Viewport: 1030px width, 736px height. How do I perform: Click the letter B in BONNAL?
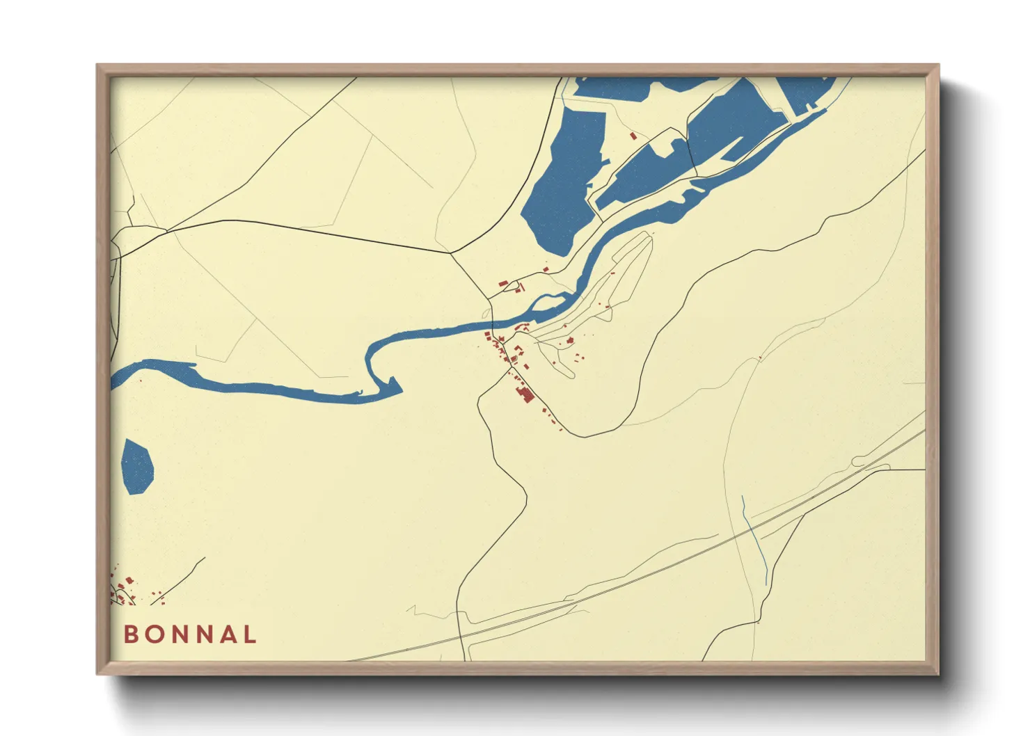point(131,634)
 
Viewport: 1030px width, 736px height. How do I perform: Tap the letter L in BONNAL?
point(249,634)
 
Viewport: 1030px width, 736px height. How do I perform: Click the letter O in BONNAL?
point(154,634)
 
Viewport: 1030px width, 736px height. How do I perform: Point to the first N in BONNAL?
point(179,634)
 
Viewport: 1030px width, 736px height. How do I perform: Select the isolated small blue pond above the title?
point(137,467)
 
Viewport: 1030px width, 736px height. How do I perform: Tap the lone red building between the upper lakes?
point(633,136)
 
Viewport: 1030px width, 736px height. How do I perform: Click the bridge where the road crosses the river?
point(492,325)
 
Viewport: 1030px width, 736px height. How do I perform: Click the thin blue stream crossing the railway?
point(755,540)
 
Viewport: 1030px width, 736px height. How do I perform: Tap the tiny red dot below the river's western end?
point(141,381)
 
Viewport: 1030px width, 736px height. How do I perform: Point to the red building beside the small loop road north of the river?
point(503,283)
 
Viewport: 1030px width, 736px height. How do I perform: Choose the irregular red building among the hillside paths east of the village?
point(570,341)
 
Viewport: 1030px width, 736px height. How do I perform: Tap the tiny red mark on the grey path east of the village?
point(760,358)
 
